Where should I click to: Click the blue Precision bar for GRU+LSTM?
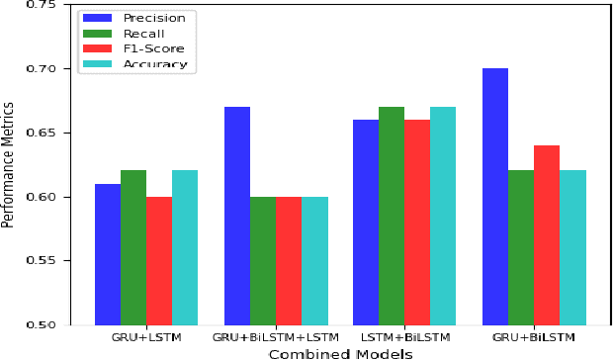coord(108,254)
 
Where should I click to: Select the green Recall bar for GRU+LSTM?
coord(133,247)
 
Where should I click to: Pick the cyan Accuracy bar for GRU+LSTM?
coord(185,247)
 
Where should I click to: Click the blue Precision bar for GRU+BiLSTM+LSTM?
coord(237,216)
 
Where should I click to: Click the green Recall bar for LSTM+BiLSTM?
coord(393,216)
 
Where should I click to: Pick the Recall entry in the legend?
coord(144,33)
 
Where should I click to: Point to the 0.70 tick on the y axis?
coord(69,69)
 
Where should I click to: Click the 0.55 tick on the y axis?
coord(69,261)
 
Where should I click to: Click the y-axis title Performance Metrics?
coord(9,163)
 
